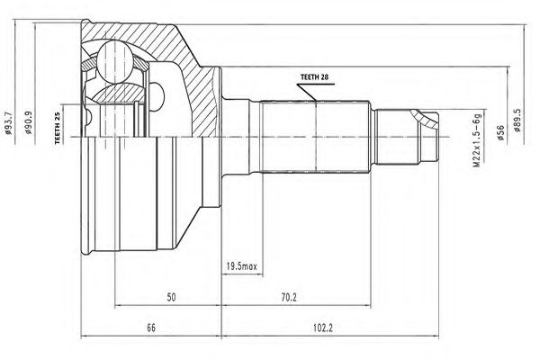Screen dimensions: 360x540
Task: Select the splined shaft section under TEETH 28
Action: tap(315, 135)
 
